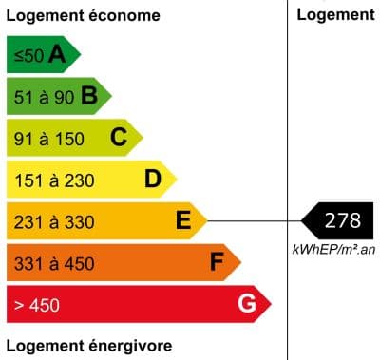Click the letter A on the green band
[57, 56]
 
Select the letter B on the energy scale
[89, 96]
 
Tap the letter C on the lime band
[119, 138]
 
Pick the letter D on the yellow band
[152, 179]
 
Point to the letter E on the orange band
[184, 221]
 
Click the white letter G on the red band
[247, 304]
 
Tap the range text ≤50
[28, 56]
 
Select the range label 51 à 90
[44, 97]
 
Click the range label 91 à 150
[49, 139]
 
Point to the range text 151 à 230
[54, 180]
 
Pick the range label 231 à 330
[54, 222]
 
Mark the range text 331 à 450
[54, 263]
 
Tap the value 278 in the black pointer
[342, 221]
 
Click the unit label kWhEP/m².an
[333, 249]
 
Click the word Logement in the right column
[335, 14]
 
